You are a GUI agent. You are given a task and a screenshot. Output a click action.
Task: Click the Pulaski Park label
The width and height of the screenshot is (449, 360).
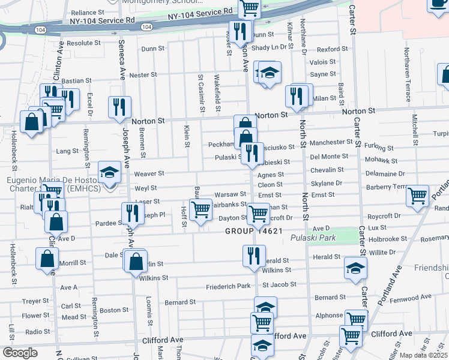pyautogui.click(x=313, y=238)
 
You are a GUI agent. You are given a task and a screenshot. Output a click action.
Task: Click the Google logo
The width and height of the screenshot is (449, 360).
pyautogui.click(x=20, y=353)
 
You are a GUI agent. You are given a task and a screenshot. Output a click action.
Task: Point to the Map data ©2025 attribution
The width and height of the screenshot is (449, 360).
pyautogui.click(x=423, y=355)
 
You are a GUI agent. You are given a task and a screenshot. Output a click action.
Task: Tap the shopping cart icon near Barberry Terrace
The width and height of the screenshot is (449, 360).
pyautogui.click(x=417, y=196)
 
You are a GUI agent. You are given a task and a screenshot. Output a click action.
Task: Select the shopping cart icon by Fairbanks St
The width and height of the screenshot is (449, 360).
pyautogui.click(x=200, y=209)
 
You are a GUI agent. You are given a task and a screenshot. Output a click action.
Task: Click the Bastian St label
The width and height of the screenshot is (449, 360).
pyautogui.click(x=76, y=80)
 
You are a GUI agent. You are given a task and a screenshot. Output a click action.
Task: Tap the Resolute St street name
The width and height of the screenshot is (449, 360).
pyautogui.click(x=83, y=43)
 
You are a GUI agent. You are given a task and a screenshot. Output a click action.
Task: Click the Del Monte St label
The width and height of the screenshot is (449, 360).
pyautogui.click(x=329, y=156)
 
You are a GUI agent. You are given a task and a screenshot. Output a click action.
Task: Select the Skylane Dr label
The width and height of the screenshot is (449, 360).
pyautogui.click(x=327, y=183)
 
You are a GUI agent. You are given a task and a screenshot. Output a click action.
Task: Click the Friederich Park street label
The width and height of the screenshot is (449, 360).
pyautogui.click(x=227, y=286)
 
